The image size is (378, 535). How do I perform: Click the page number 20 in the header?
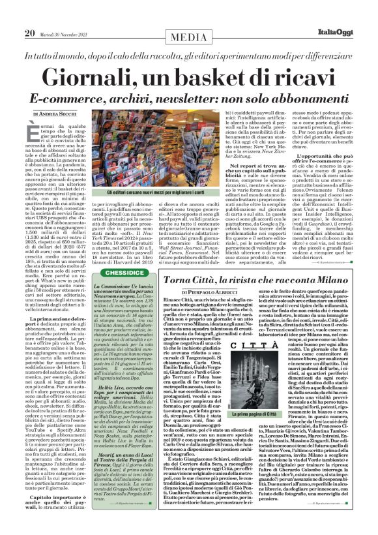click(x=30, y=14)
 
